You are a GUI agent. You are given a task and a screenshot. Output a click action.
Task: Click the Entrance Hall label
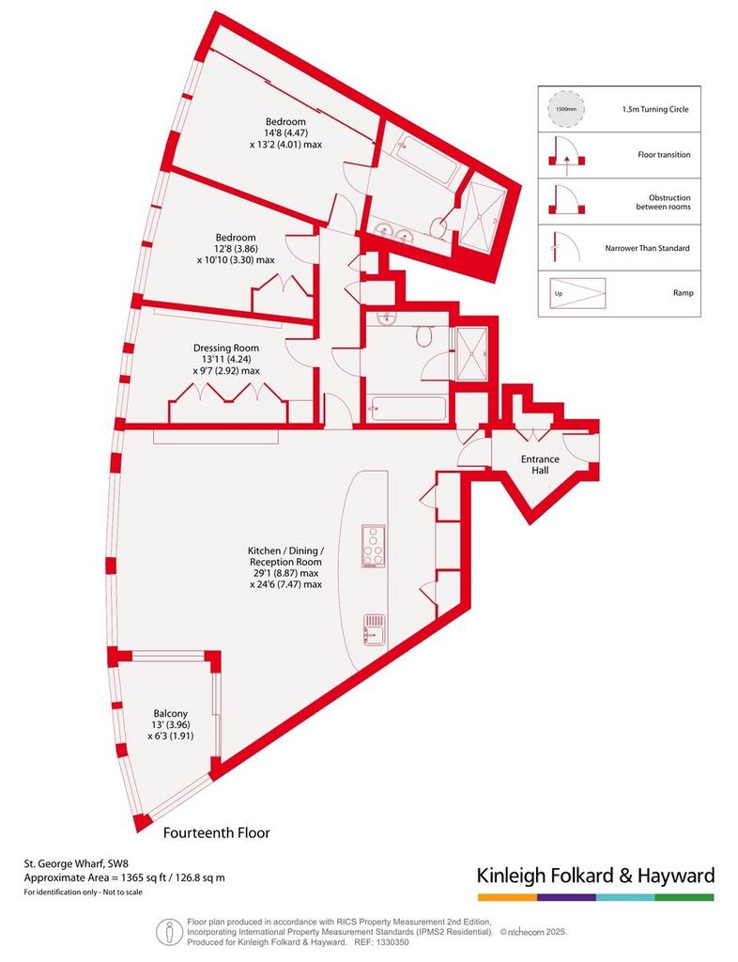point(540,464)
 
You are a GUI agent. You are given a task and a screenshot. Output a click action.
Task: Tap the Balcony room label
point(170,714)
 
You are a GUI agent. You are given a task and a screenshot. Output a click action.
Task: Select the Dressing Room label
point(226,348)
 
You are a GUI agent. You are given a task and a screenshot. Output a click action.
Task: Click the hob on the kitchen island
point(374,548)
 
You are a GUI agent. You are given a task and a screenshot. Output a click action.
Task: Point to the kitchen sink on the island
point(374,630)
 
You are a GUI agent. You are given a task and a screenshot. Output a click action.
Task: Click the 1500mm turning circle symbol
point(566,109)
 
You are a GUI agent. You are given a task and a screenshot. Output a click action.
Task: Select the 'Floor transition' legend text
point(664,155)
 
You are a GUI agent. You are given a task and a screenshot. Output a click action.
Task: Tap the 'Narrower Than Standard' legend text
point(647,248)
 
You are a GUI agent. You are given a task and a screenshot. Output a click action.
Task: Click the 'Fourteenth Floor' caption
point(216,832)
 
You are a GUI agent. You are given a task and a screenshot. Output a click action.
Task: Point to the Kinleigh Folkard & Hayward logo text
point(596,875)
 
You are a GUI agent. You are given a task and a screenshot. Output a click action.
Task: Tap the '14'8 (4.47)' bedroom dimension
point(285,133)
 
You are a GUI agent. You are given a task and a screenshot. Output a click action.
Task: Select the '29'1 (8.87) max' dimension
point(285,573)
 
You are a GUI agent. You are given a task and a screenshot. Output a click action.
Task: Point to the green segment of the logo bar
point(684,897)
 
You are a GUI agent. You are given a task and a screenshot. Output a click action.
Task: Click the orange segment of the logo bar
point(508,897)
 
